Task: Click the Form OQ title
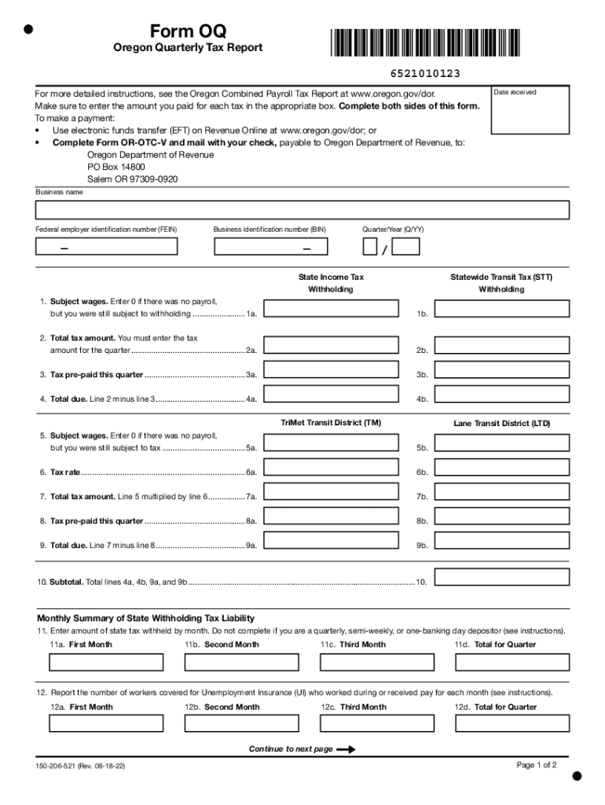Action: [188, 31]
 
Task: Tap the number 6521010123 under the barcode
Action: [424, 74]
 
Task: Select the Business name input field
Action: [302, 210]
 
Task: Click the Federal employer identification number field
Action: [107, 247]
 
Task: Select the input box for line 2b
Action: [502, 345]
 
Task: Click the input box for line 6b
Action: [502, 468]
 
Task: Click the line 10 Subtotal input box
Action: [502, 578]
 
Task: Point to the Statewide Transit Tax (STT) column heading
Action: [501, 277]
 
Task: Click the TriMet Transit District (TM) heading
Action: [331, 423]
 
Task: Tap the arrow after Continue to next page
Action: [346, 749]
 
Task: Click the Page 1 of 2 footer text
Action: [537, 765]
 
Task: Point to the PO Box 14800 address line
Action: [116, 167]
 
